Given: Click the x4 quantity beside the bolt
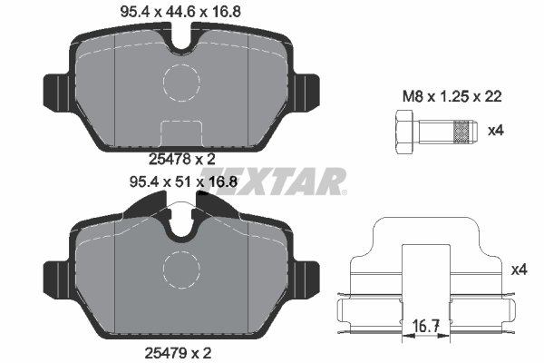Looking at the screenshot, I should point(495,131).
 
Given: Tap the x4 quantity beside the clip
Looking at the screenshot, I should point(519,270).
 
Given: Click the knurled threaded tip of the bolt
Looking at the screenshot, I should point(463,132).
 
